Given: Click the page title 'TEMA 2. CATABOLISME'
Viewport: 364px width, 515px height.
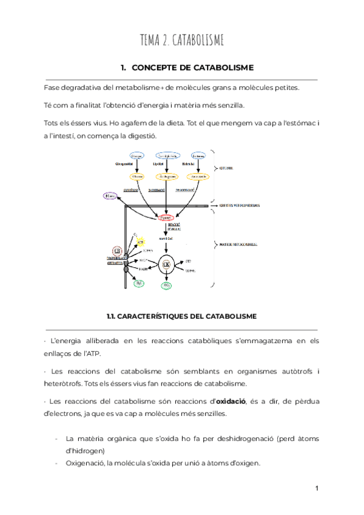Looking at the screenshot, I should pyautogui.click(x=182, y=41).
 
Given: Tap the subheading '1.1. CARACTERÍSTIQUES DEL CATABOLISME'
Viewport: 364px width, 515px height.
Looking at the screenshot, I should pyautogui.click(x=181, y=316).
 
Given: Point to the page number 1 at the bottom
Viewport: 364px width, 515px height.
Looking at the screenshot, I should pyautogui.click(x=317, y=488).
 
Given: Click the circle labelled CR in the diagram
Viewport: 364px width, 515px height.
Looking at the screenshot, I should pyautogui.click(x=116, y=250).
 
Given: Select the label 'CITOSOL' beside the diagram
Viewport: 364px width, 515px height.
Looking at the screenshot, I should pyautogui.click(x=226, y=168).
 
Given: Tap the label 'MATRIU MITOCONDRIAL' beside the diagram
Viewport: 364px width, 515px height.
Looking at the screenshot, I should pyautogui.click(x=237, y=244).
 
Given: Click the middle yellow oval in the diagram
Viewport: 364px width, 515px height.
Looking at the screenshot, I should pyautogui.click(x=167, y=177).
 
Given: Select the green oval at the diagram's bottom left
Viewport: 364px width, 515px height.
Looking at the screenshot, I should pyautogui.click(x=139, y=283).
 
